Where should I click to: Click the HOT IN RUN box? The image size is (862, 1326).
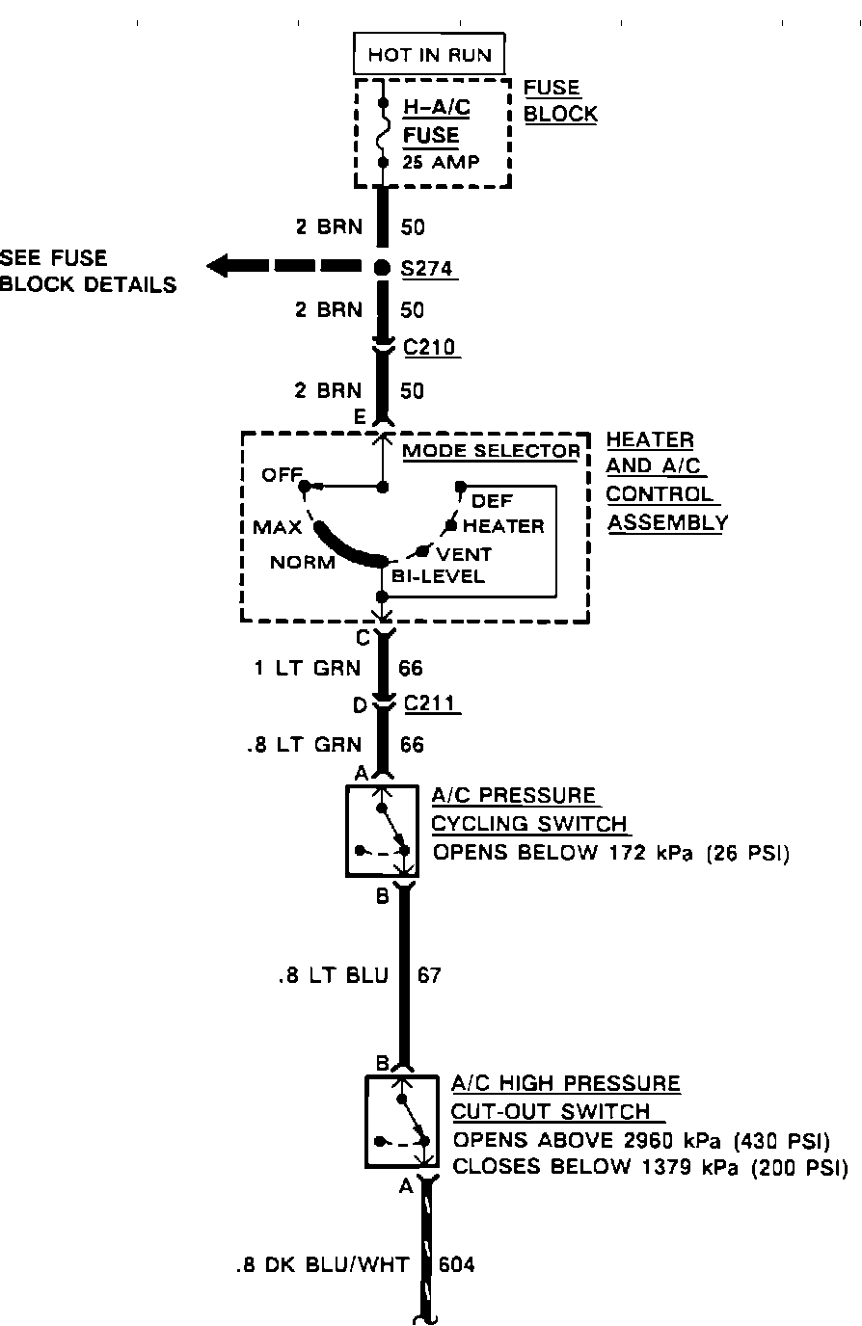429,56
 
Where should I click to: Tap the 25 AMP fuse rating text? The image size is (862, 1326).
440,162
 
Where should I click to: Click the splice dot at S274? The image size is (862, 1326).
383,267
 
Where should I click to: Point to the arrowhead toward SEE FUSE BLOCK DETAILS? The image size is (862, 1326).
219,267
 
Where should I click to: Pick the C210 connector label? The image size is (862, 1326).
430,347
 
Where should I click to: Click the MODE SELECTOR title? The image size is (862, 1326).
491,450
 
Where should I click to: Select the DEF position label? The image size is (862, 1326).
492,501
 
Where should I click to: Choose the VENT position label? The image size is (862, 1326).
464,554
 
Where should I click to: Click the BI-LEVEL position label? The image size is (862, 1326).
438,577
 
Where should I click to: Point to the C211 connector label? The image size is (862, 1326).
430,705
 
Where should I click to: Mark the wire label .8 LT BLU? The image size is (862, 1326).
333,975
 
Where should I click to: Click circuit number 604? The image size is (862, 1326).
457,1264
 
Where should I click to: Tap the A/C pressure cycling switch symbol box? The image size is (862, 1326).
382,830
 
